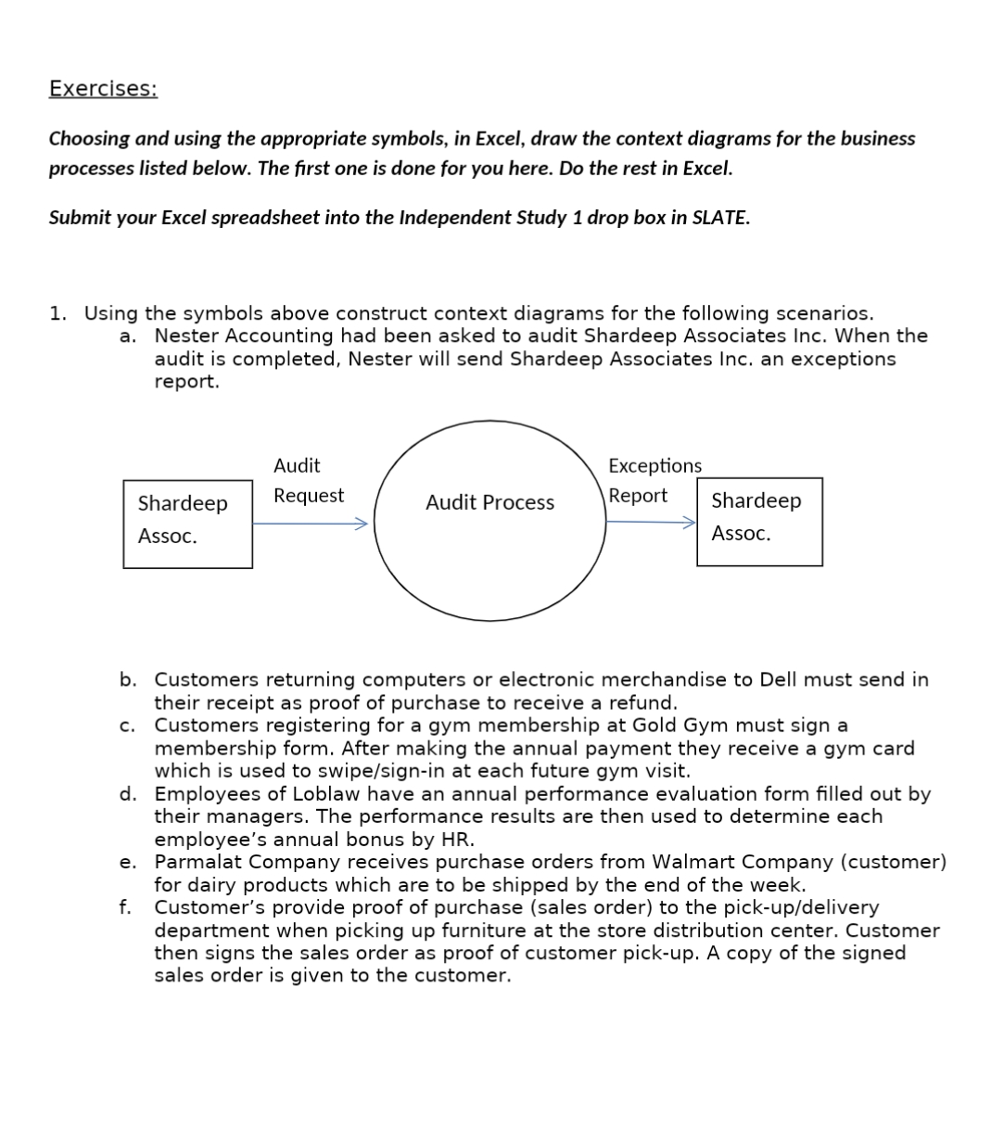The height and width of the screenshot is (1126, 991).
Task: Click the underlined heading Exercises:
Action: (103, 89)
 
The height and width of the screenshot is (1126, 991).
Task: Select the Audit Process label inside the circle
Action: (489, 502)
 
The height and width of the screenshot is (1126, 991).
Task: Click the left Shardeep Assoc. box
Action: (187, 524)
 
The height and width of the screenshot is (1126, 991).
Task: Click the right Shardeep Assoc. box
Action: (759, 521)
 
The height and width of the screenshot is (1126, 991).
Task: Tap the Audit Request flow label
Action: (308, 480)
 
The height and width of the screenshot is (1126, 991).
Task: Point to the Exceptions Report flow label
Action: (654, 480)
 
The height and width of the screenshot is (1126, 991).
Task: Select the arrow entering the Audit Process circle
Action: (311, 524)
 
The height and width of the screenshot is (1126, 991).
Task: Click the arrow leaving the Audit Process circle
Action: (650, 522)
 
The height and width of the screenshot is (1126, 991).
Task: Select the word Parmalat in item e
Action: (195, 862)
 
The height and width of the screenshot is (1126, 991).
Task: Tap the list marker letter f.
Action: (125, 907)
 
